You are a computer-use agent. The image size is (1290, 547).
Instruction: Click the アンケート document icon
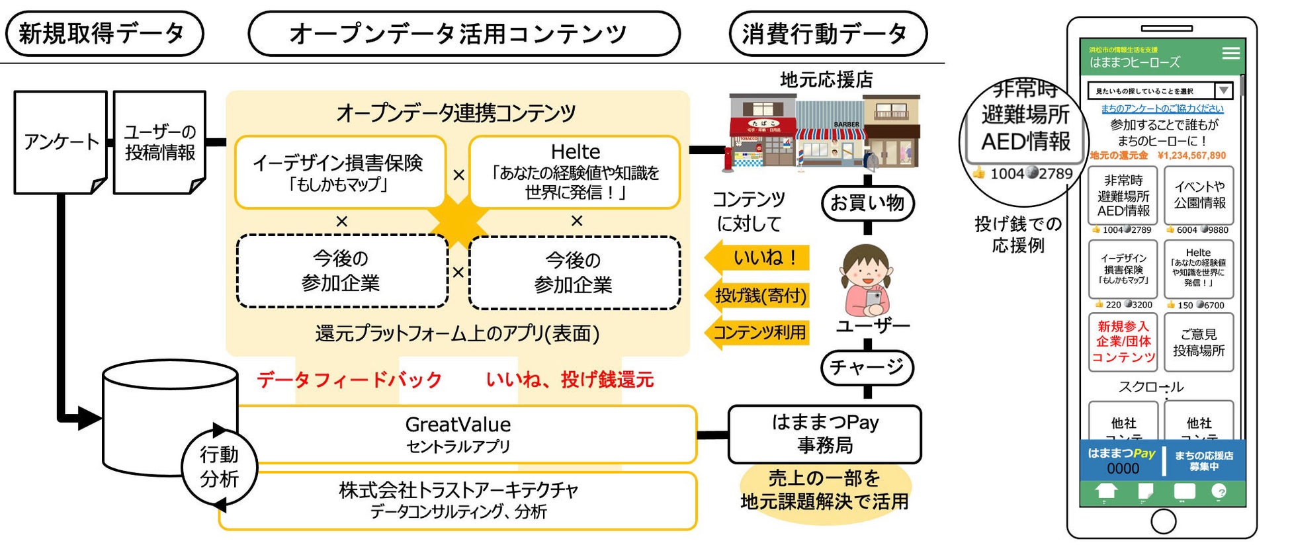point(60,142)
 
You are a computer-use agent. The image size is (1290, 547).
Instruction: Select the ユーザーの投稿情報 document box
point(159,142)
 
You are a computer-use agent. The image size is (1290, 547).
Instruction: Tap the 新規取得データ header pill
point(105,34)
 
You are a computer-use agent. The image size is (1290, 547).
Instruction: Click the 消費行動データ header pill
point(828,34)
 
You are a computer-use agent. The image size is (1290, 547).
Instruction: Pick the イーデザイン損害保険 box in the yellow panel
point(339,172)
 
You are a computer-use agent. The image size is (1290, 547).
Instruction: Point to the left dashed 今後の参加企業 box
point(341,271)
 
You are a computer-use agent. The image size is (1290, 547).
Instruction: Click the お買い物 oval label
point(867,202)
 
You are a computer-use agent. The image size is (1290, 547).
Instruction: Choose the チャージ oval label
point(867,367)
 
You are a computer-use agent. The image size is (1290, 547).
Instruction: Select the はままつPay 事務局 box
point(825,434)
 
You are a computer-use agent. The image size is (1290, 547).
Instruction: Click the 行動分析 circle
point(219,466)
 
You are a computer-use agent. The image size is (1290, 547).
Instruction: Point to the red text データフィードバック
point(349,380)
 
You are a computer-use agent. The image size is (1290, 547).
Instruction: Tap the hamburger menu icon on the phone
point(1230,54)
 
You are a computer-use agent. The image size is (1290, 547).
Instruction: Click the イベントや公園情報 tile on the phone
point(1199,195)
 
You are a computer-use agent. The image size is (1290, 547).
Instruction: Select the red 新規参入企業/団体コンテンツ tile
point(1123,342)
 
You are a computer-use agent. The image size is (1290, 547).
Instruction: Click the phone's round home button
point(1163,522)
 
